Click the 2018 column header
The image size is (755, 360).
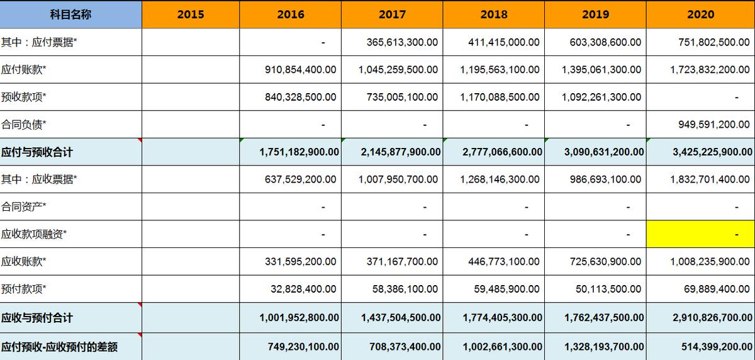point(494,14)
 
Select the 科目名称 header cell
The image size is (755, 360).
point(70,14)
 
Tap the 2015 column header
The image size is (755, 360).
point(191,14)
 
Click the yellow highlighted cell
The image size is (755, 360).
point(700,234)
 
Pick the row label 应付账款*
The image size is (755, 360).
point(24,70)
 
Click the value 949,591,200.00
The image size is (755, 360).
point(713,125)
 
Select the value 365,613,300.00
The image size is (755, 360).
point(402,42)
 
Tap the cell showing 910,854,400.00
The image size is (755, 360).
point(300,70)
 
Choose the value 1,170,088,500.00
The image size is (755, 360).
point(500,97)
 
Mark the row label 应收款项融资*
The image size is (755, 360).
point(34,234)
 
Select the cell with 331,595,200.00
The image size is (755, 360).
point(300,261)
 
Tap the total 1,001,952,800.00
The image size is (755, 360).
point(299,318)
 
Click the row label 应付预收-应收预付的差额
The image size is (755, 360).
point(60,347)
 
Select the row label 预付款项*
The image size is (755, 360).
point(24,289)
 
